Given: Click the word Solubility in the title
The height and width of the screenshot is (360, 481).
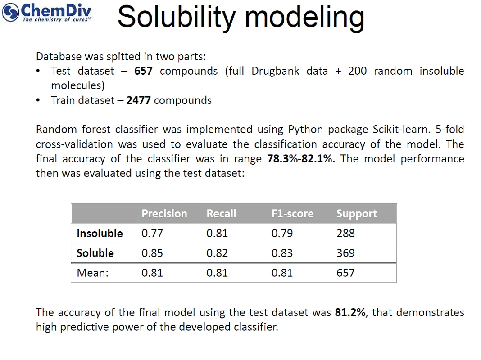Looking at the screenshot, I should tap(176, 17).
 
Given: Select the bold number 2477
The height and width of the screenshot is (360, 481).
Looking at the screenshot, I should tap(138, 100).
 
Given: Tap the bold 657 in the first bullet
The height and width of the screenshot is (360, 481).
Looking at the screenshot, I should tap(143, 71).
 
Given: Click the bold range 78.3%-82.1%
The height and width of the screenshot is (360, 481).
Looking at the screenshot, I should tap(301, 159).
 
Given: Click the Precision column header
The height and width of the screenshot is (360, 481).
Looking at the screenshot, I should tap(164, 214).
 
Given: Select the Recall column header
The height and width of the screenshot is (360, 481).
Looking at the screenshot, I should tap(221, 214).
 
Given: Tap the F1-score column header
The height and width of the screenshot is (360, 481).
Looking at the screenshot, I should tap(292, 214).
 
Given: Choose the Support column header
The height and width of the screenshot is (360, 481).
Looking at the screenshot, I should tap(356, 214).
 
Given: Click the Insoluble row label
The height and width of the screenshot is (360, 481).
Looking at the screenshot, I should tap(100, 234).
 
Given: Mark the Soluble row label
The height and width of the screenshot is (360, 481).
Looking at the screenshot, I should tap(95, 253).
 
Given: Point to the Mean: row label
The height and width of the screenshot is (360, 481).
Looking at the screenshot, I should tap(92, 273).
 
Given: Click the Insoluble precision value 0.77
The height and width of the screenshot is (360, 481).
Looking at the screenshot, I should tap(152, 234).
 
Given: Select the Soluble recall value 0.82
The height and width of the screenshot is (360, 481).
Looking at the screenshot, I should tap(217, 253).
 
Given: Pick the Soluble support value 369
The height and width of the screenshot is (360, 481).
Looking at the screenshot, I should tap(345, 253).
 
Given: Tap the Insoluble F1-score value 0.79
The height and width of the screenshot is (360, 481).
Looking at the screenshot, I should tap(282, 234).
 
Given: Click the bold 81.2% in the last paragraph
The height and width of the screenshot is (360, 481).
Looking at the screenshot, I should tap(350, 312).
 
